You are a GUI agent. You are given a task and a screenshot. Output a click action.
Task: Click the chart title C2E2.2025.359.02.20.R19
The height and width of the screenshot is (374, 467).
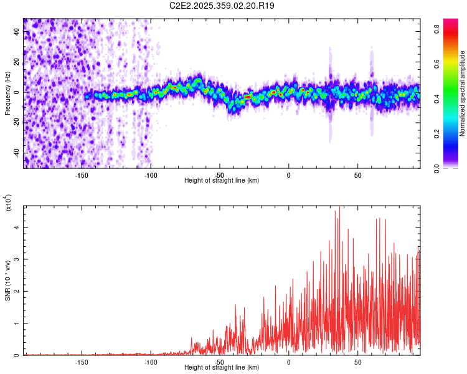[x=222, y=6]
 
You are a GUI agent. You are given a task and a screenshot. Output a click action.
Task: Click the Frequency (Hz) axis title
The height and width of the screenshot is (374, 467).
[x=7, y=93]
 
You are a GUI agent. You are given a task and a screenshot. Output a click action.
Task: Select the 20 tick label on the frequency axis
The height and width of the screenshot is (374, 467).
[x=17, y=62]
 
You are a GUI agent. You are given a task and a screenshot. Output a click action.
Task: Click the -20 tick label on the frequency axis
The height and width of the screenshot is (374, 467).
[x=16, y=123]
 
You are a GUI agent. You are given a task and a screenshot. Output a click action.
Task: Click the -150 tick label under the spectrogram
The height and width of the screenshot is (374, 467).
[x=81, y=175]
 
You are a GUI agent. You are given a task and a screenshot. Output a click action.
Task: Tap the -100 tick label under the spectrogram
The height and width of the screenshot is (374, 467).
[x=150, y=175]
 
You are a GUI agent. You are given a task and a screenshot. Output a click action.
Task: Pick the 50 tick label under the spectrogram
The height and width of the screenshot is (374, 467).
[x=358, y=175]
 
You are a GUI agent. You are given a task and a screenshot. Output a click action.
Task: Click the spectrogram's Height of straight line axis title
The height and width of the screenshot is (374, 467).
[x=222, y=181]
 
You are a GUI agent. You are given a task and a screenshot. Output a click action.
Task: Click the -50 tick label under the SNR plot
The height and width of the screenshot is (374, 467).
[x=219, y=362]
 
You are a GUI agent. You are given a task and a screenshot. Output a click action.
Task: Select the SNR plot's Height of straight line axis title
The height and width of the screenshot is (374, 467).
[x=222, y=368]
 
